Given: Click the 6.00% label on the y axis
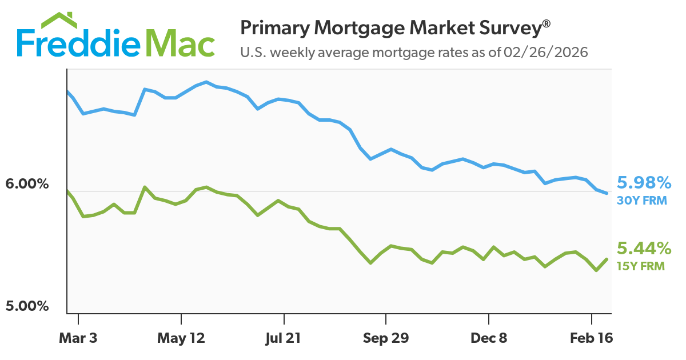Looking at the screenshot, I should (27, 185).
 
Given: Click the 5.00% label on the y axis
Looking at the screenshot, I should (27, 306).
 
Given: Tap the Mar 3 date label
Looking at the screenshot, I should (78, 338).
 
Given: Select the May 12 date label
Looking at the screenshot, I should (181, 338).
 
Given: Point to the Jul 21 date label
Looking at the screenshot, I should (284, 338).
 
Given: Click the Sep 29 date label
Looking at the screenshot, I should (386, 338).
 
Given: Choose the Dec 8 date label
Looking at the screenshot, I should (489, 338).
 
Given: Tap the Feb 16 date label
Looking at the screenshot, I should (591, 338).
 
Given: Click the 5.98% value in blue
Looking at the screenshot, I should (644, 183).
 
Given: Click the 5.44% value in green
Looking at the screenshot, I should (644, 249).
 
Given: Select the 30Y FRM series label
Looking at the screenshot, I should (642, 201).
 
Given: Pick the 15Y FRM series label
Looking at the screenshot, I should (641, 266).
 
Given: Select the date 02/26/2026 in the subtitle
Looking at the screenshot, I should (546, 53).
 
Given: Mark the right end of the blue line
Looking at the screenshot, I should (607, 193).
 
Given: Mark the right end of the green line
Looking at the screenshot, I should (607, 259).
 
